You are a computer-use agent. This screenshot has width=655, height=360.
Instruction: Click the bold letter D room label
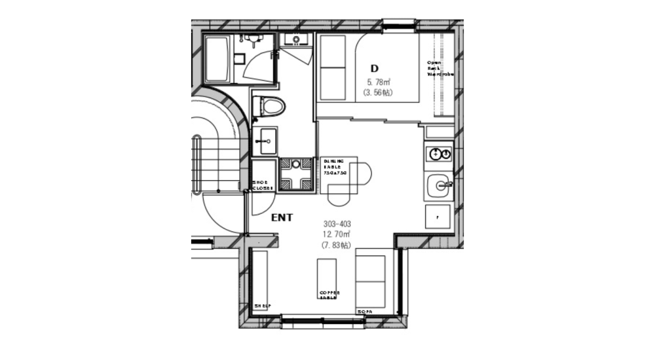point(375,69)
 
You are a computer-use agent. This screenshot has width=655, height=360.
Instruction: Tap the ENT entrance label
point(282,219)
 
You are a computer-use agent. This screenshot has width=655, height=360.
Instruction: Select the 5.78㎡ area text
point(379,82)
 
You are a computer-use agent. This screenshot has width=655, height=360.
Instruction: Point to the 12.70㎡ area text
point(336,234)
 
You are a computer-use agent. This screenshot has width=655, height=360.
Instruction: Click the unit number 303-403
point(337,224)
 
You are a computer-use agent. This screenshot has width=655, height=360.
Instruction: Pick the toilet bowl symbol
point(269,107)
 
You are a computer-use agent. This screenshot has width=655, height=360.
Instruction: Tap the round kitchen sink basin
point(439,185)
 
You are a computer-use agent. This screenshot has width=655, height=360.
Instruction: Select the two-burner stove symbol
point(439,154)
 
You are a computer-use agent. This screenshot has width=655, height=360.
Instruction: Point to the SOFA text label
point(365,312)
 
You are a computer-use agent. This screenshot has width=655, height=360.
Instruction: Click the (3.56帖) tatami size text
point(379,93)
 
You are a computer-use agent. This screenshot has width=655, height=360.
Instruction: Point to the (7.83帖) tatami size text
point(336,245)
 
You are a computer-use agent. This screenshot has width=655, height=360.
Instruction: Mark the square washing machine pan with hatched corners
point(296,173)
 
